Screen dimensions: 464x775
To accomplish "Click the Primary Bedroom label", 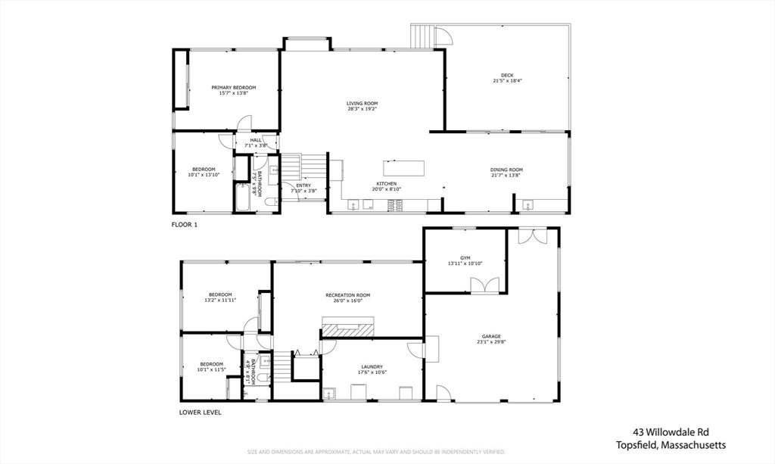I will pos(233,88).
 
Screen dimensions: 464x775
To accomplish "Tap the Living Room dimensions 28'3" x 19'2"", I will pos(362,109).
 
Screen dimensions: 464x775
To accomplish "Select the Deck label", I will pos(507,75).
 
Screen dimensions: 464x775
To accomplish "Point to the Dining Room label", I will pos(506,170).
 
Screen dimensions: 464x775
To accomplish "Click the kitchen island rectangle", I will pos(403,167).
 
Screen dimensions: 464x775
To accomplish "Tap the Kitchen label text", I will pos(387,184).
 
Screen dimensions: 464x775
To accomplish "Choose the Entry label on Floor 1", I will pos(303,185).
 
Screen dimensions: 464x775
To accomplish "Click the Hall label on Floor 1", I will pos(256,140).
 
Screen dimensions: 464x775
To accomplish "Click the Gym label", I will pos(465,257).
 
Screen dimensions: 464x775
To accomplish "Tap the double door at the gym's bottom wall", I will pos(484,285).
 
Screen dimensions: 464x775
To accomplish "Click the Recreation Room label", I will pos(348,294).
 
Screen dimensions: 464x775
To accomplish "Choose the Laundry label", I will pos(372,366).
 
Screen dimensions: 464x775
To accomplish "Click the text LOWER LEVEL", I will pos(200,413).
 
